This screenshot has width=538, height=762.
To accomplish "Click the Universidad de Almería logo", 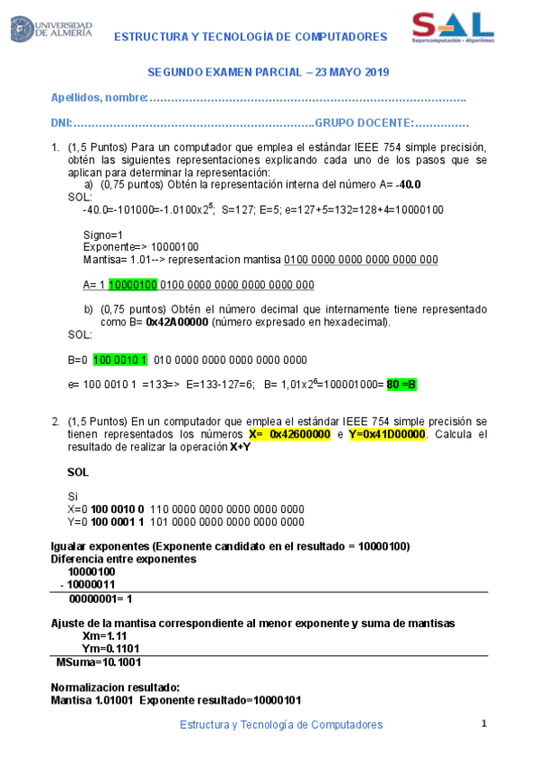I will [51, 29].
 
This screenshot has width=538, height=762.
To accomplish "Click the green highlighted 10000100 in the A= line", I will [133, 285].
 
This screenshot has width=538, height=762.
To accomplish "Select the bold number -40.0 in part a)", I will [409, 184].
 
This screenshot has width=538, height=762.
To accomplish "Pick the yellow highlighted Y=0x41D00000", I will [388, 434].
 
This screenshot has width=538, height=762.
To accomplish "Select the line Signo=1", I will [102, 235].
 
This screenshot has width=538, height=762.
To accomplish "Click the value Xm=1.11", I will [102, 635].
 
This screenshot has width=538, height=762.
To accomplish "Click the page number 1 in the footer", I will [484, 723].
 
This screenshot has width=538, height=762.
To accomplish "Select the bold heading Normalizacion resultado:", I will [116, 687].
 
